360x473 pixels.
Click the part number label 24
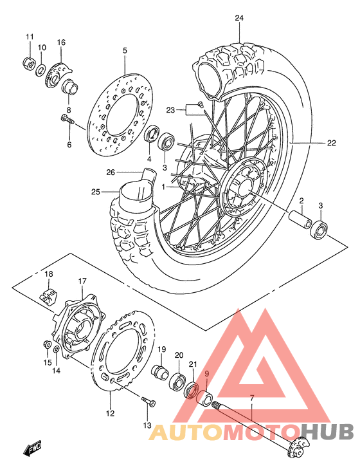click(x=239, y=18)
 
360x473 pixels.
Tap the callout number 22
click(x=330, y=143)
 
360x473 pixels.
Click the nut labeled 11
click(x=29, y=62)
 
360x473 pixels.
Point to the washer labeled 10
click(x=41, y=70)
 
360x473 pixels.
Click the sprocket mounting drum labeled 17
click(x=80, y=324)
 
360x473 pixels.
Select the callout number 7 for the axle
click(x=252, y=398)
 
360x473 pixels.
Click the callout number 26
click(x=110, y=172)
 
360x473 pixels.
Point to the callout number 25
click(x=96, y=191)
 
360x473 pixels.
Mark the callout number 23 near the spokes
click(x=170, y=110)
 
